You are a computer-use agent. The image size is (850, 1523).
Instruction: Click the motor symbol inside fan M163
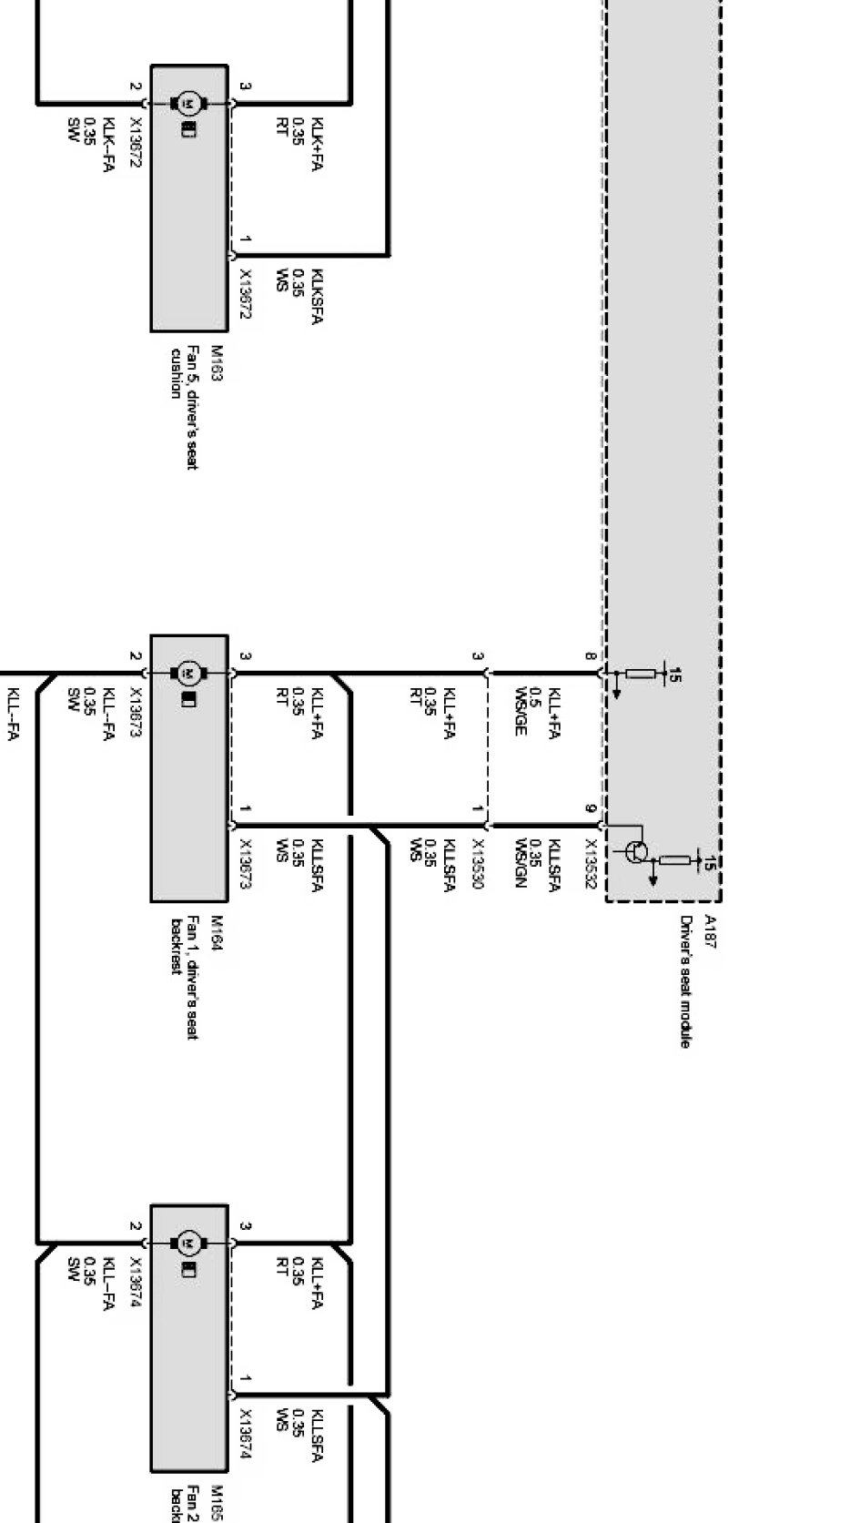point(189,103)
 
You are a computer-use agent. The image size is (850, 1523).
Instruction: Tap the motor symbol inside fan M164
point(189,673)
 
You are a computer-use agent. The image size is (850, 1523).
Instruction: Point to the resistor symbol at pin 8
point(641,675)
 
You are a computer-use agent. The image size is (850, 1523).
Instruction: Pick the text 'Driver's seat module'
point(685,981)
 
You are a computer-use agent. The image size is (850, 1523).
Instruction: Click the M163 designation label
point(217,362)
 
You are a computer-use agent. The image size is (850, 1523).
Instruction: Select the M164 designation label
point(217,933)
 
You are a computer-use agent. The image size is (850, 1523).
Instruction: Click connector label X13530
point(477,864)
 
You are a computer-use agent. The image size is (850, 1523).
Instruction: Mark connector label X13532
point(590,864)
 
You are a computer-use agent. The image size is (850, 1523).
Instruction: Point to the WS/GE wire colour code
point(521,711)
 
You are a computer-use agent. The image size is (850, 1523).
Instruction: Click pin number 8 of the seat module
point(590,656)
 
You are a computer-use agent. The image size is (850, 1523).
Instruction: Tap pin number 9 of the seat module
point(590,809)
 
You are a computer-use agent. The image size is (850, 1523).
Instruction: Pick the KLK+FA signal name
point(317,144)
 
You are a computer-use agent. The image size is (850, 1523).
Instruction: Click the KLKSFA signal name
point(317,296)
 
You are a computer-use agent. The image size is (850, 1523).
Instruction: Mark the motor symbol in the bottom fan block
point(189,1243)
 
